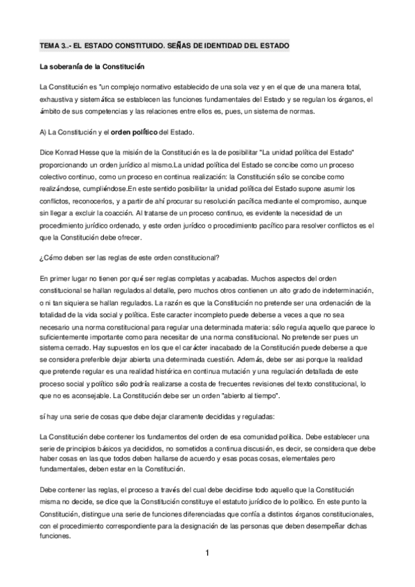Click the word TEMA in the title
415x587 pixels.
click(x=51, y=46)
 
